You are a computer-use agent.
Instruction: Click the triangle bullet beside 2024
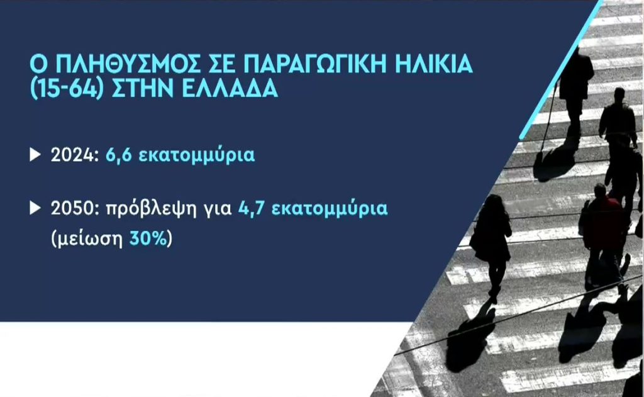pos(35,155)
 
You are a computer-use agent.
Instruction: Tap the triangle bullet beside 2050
pos(35,208)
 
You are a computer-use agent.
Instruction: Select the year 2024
pos(73,155)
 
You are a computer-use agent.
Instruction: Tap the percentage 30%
pos(148,238)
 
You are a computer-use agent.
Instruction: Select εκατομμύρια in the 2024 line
pos(197,156)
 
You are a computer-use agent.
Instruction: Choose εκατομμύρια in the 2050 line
pos(330,209)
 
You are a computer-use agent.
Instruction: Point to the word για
pos(218,211)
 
